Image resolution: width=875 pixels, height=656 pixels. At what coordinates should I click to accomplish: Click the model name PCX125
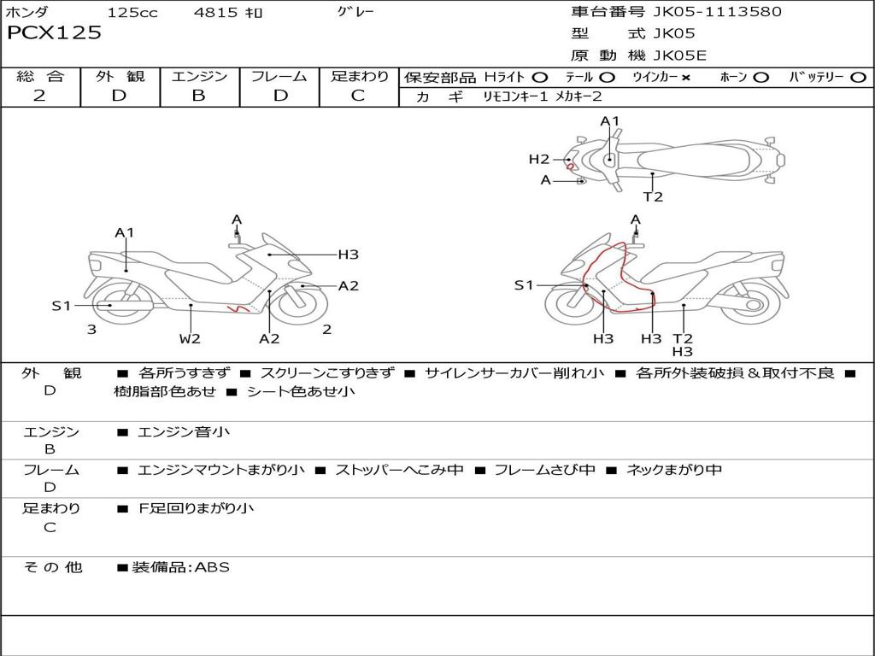(x=54, y=33)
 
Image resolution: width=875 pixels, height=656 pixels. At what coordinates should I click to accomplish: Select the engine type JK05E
(x=681, y=56)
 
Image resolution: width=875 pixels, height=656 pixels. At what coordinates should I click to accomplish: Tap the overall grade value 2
(x=39, y=95)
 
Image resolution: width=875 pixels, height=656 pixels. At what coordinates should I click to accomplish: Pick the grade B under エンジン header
(x=198, y=95)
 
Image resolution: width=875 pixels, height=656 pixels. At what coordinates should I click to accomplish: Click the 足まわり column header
(x=359, y=76)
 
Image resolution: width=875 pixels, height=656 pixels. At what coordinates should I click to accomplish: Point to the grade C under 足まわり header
(x=358, y=95)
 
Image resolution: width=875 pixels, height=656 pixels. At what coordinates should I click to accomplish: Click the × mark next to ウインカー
(x=685, y=77)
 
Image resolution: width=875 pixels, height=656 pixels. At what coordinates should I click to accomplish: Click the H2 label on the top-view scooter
(x=538, y=158)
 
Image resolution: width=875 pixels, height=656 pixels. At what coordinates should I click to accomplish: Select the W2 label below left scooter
(x=190, y=338)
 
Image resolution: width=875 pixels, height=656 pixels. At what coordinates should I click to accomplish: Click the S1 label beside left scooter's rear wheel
(x=61, y=305)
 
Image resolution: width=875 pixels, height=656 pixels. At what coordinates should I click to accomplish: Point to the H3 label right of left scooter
(x=348, y=254)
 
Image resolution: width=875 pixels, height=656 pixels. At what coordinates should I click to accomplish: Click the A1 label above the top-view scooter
(x=609, y=121)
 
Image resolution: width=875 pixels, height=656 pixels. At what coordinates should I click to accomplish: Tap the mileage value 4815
(x=217, y=12)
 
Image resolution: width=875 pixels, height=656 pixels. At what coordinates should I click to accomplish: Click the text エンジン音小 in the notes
(x=184, y=432)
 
